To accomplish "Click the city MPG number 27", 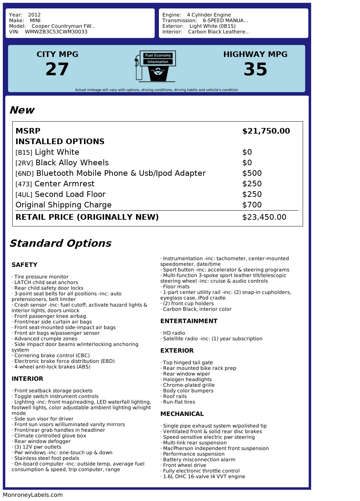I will (57, 69).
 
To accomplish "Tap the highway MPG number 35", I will (255, 69).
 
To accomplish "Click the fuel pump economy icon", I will (155, 66).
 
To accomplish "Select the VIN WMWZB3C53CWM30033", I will (56, 32).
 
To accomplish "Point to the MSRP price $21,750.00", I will (266, 131).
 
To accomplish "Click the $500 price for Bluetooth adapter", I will (252, 173).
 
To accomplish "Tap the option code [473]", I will (24, 184).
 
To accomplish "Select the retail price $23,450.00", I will (264, 217).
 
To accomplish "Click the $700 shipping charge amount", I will (252, 205).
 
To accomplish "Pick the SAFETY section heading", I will (24, 265).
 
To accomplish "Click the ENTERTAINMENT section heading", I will (189, 321).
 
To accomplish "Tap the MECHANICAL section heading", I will (182, 414).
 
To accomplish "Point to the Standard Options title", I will (60, 243).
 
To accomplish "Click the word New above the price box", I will (22, 110).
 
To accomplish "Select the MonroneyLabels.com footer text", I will (33, 495).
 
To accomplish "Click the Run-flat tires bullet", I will (179, 402).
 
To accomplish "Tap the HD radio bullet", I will (174, 333).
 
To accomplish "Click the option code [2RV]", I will (24, 163).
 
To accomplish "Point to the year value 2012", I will (34, 15).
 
